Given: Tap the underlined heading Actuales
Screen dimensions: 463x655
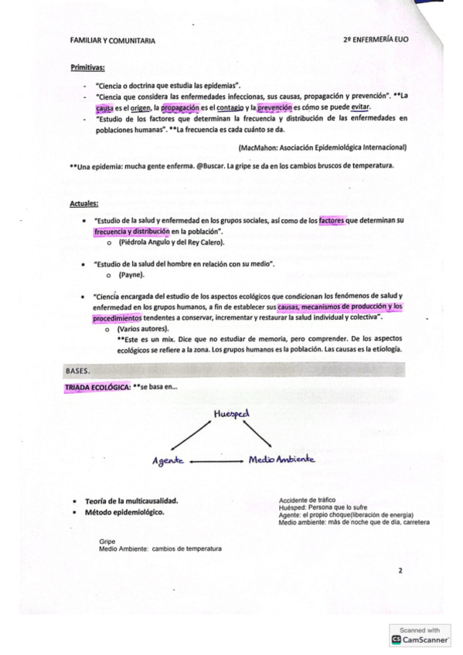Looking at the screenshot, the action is click(83, 204).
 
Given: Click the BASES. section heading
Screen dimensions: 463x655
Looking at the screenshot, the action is click(79, 371).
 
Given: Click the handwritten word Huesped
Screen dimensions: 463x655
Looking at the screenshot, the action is click(231, 413).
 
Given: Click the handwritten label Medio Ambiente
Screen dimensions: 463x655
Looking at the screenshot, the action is click(281, 460).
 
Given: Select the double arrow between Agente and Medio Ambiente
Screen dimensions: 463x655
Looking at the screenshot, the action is click(215, 460).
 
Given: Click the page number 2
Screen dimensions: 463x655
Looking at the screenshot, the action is click(400, 571).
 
